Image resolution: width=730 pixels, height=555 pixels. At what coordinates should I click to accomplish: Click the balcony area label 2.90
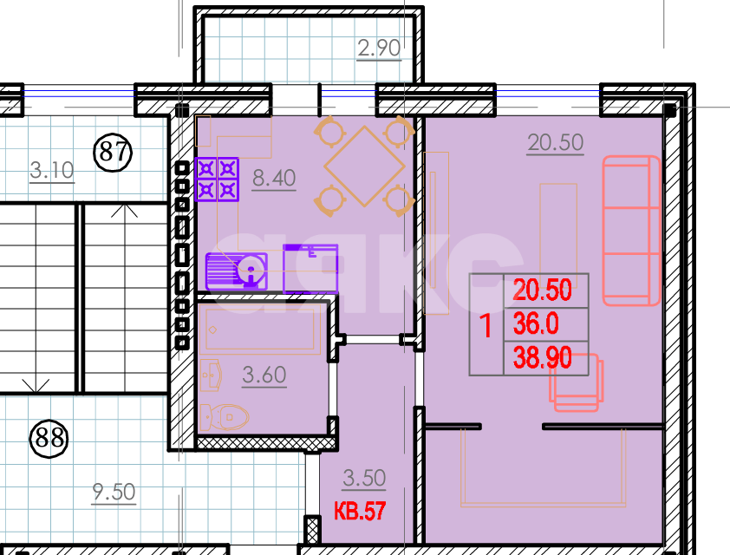(379, 49)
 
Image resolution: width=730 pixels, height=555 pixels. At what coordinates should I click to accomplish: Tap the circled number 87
(113, 153)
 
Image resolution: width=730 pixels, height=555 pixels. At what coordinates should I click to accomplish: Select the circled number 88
(49, 438)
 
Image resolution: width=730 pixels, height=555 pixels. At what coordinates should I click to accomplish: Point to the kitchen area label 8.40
(274, 178)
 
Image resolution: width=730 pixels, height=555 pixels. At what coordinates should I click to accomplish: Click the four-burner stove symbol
(217, 180)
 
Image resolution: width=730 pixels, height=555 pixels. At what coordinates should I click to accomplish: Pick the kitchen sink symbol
(237, 271)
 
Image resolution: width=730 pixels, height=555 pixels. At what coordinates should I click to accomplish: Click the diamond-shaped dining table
(364, 166)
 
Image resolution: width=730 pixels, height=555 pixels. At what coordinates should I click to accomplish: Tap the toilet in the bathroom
(224, 417)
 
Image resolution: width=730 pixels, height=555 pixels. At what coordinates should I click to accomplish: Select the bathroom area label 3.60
(264, 375)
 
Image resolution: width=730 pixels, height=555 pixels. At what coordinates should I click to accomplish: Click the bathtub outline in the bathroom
(260, 330)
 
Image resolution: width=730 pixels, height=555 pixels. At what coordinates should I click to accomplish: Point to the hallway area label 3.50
(364, 478)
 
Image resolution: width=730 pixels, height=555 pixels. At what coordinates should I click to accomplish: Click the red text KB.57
(360, 512)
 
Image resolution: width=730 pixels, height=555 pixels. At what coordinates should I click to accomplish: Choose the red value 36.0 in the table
(536, 323)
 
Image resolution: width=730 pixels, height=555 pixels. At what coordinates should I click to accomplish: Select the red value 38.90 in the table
(543, 357)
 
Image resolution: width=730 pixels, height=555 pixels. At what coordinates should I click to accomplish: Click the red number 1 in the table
(486, 325)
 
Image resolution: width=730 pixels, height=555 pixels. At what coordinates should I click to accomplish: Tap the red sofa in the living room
(631, 231)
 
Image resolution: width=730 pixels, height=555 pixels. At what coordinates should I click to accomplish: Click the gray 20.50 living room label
(556, 142)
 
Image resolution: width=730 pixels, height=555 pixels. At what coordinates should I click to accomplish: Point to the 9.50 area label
(114, 493)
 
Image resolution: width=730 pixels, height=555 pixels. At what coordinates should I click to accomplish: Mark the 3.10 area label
(52, 171)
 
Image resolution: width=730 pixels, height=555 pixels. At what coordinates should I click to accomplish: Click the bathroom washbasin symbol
(211, 375)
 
